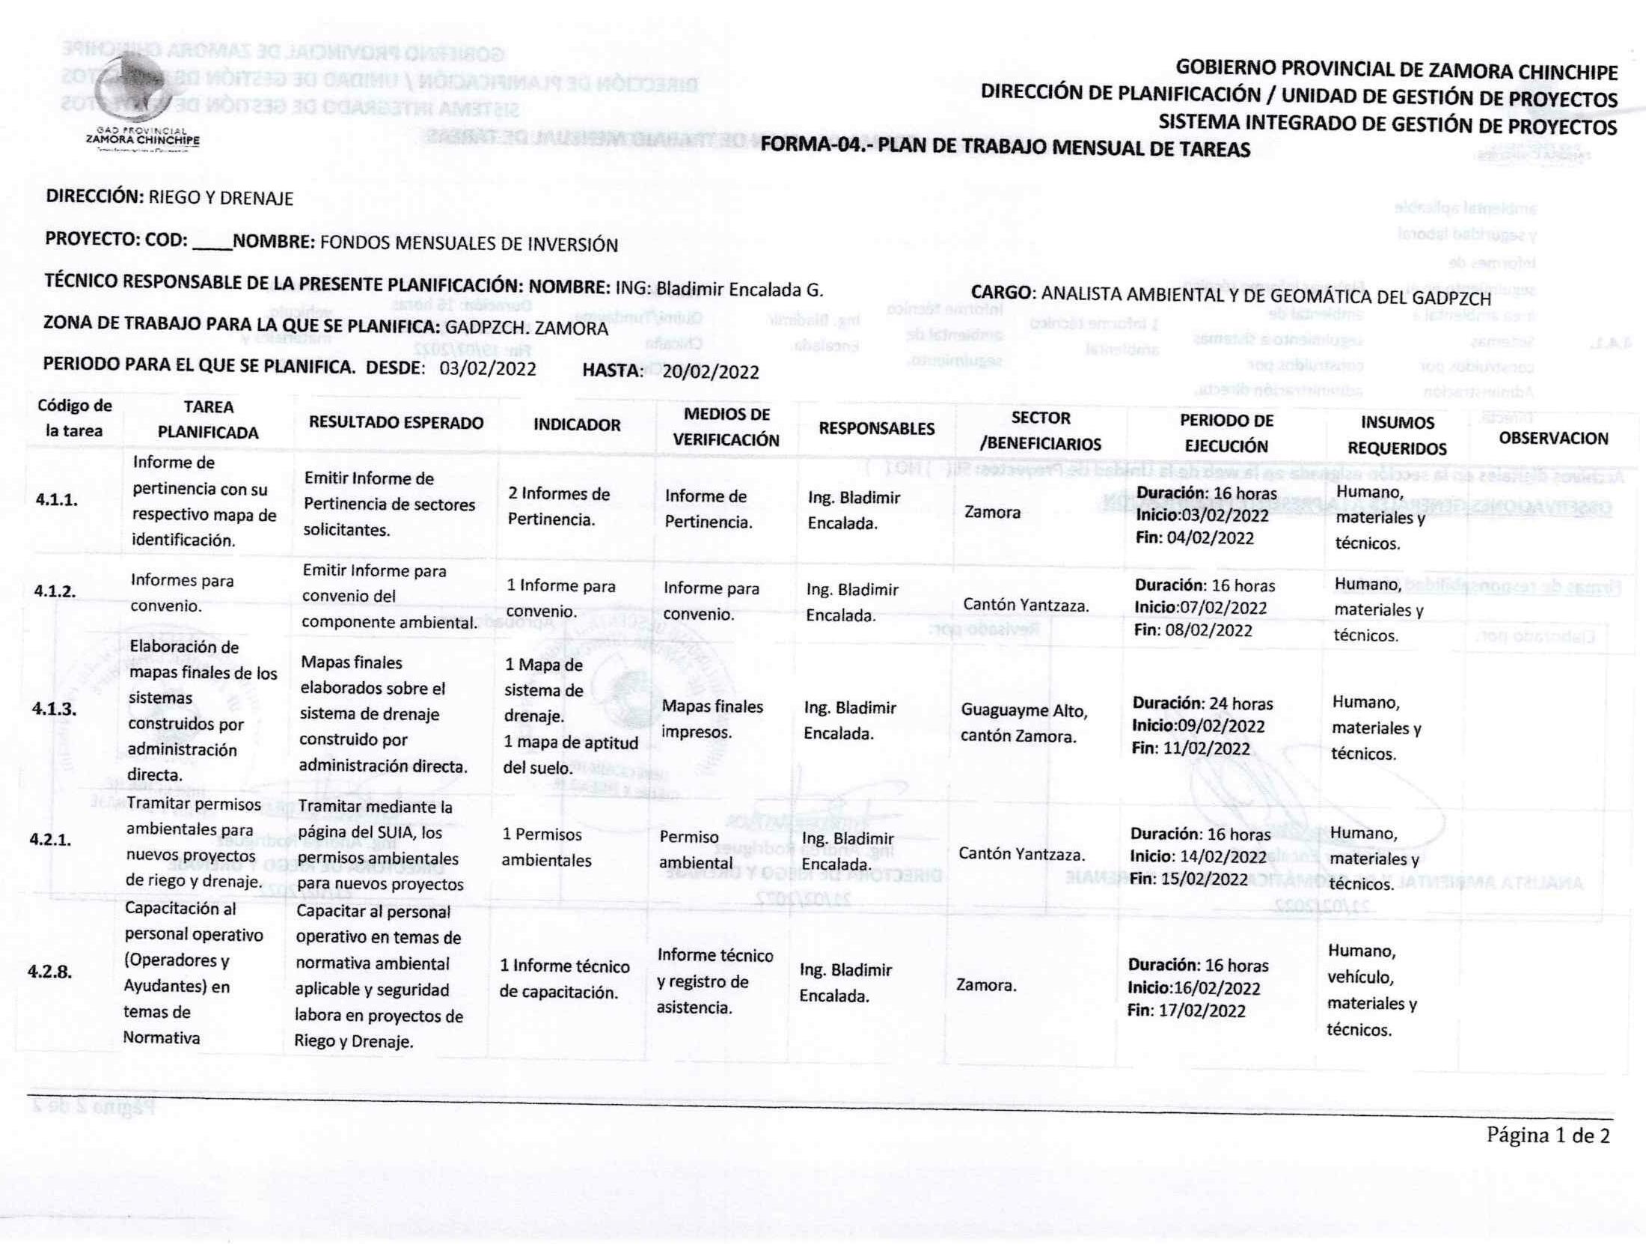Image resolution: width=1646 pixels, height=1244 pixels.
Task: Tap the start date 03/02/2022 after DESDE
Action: [488, 368]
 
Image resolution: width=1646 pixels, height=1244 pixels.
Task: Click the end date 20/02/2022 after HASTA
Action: [710, 371]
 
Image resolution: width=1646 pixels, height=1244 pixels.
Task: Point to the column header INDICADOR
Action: [576, 425]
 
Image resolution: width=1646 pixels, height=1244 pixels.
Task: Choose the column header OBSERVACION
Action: [1553, 438]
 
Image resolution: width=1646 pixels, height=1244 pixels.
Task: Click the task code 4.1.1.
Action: [57, 499]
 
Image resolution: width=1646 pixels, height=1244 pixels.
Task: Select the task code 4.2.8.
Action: [50, 972]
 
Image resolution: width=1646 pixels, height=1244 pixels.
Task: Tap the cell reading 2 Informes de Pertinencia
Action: [558, 506]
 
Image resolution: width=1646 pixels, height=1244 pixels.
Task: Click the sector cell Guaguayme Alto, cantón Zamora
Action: [1024, 723]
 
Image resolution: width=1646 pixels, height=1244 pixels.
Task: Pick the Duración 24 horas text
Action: [1202, 703]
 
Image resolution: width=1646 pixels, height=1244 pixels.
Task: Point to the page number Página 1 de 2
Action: [1547, 1135]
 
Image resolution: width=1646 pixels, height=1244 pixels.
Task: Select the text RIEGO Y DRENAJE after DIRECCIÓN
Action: [221, 198]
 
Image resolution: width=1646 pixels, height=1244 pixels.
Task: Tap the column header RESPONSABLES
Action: [876, 428]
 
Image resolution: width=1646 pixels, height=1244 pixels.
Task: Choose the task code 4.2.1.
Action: [51, 839]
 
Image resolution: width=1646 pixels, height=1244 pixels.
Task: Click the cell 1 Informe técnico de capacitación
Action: [564, 979]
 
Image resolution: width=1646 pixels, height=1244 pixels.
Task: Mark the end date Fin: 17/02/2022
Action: [1175, 1010]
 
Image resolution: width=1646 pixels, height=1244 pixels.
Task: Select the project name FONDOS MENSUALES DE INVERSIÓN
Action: [468, 244]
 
